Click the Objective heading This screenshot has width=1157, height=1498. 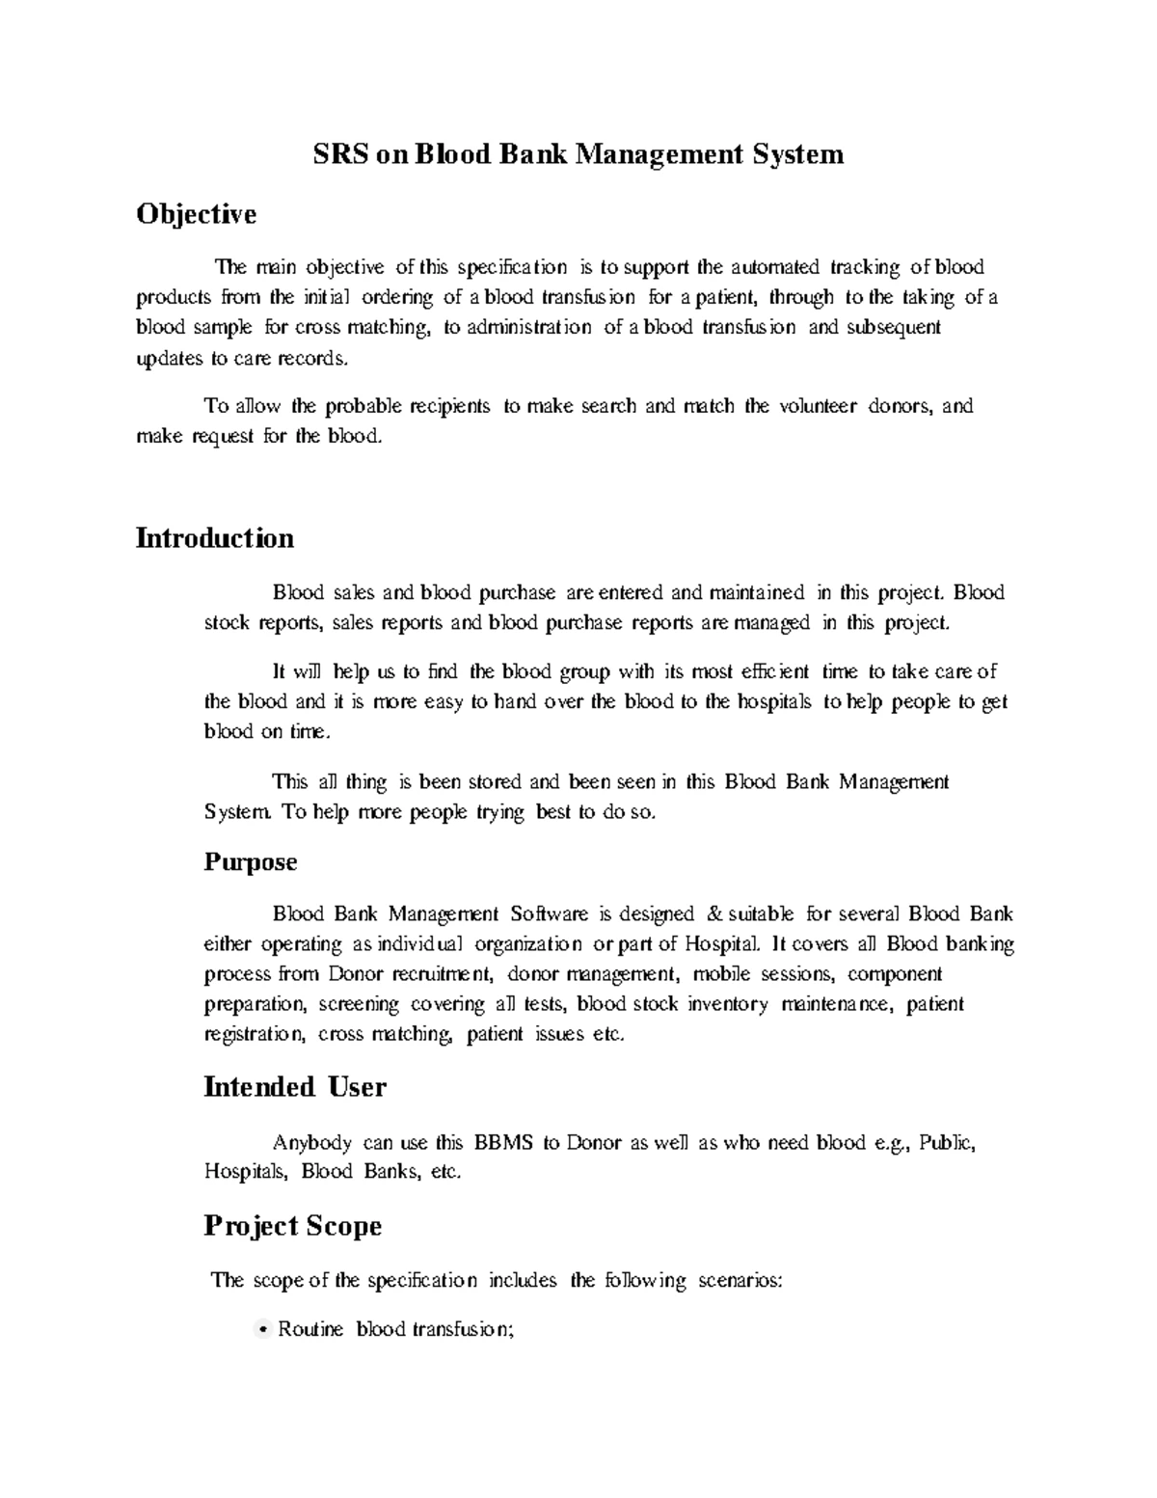(197, 213)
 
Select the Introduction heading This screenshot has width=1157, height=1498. (215, 537)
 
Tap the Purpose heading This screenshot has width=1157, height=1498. (251, 861)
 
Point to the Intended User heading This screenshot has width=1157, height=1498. (295, 1087)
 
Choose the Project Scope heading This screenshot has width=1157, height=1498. (293, 1226)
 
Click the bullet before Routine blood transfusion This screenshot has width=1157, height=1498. (263, 1331)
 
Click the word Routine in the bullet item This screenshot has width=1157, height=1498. (310, 1329)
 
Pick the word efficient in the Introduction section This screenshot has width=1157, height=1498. (769, 671)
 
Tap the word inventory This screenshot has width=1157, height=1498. (728, 1004)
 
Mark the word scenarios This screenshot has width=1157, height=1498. (740, 1281)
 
